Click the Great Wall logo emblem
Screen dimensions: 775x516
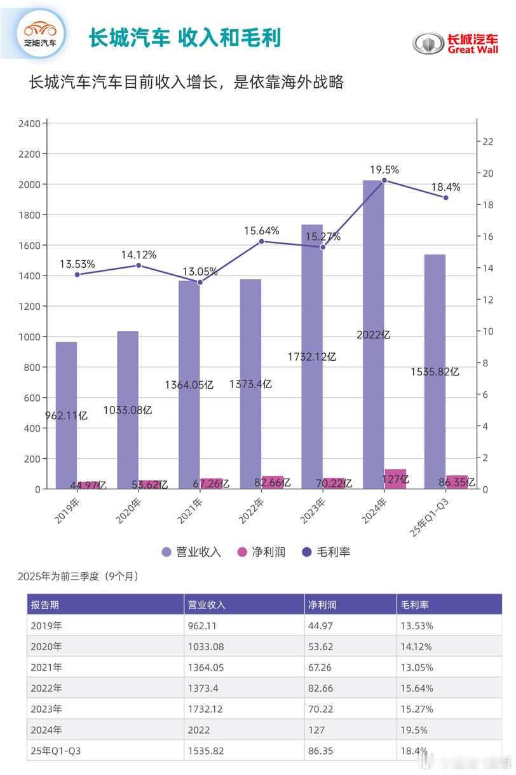(428, 43)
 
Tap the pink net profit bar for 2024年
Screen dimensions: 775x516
(395, 478)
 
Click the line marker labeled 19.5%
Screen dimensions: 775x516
(384, 181)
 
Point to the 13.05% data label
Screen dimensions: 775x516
(200, 271)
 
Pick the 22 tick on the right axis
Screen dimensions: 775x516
(489, 142)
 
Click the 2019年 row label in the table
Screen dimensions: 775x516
(46, 625)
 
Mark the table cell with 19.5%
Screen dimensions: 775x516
(414, 730)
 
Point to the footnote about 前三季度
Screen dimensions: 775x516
(78, 576)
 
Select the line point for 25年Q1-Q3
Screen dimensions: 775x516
(445, 198)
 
